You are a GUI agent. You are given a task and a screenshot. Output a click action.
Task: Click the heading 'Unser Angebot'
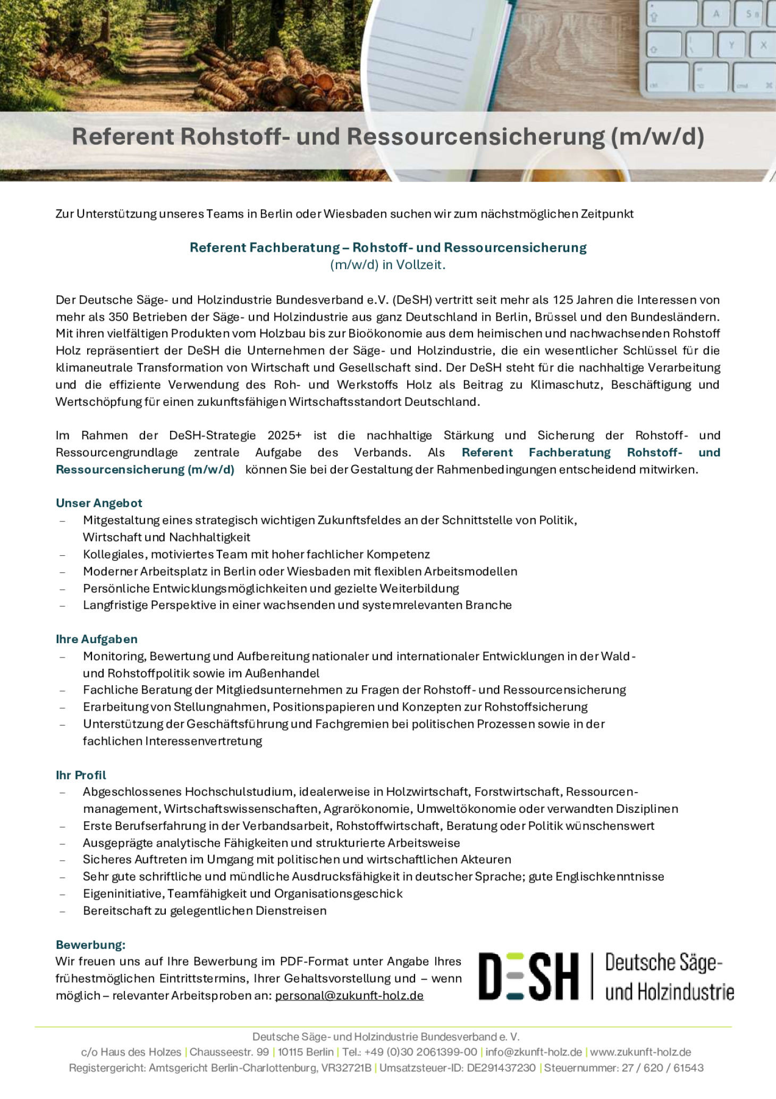click(x=99, y=503)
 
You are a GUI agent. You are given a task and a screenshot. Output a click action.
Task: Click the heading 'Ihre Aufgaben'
click(x=96, y=639)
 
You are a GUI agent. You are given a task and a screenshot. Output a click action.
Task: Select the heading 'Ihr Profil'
click(x=81, y=775)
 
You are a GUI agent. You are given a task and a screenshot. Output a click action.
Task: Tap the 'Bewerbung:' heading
click(x=90, y=945)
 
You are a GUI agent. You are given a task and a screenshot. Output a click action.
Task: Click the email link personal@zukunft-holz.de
click(x=349, y=996)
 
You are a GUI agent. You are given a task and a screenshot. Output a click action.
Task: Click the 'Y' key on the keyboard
click(x=731, y=46)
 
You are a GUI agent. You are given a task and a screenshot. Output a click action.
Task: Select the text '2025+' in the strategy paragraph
click(x=284, y=436)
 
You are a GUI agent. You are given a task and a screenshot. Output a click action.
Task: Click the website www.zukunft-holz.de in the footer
click(x=640, y=1052)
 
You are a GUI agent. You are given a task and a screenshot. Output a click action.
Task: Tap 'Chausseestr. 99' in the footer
click(x=229, y=1052)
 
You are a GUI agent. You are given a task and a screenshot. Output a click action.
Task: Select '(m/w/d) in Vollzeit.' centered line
click(x=387, y=265)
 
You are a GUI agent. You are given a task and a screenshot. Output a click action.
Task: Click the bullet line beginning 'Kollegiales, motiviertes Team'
click(x=256, y=554)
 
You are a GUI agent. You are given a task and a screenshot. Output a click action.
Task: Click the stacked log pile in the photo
click(x=276, y=80)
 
